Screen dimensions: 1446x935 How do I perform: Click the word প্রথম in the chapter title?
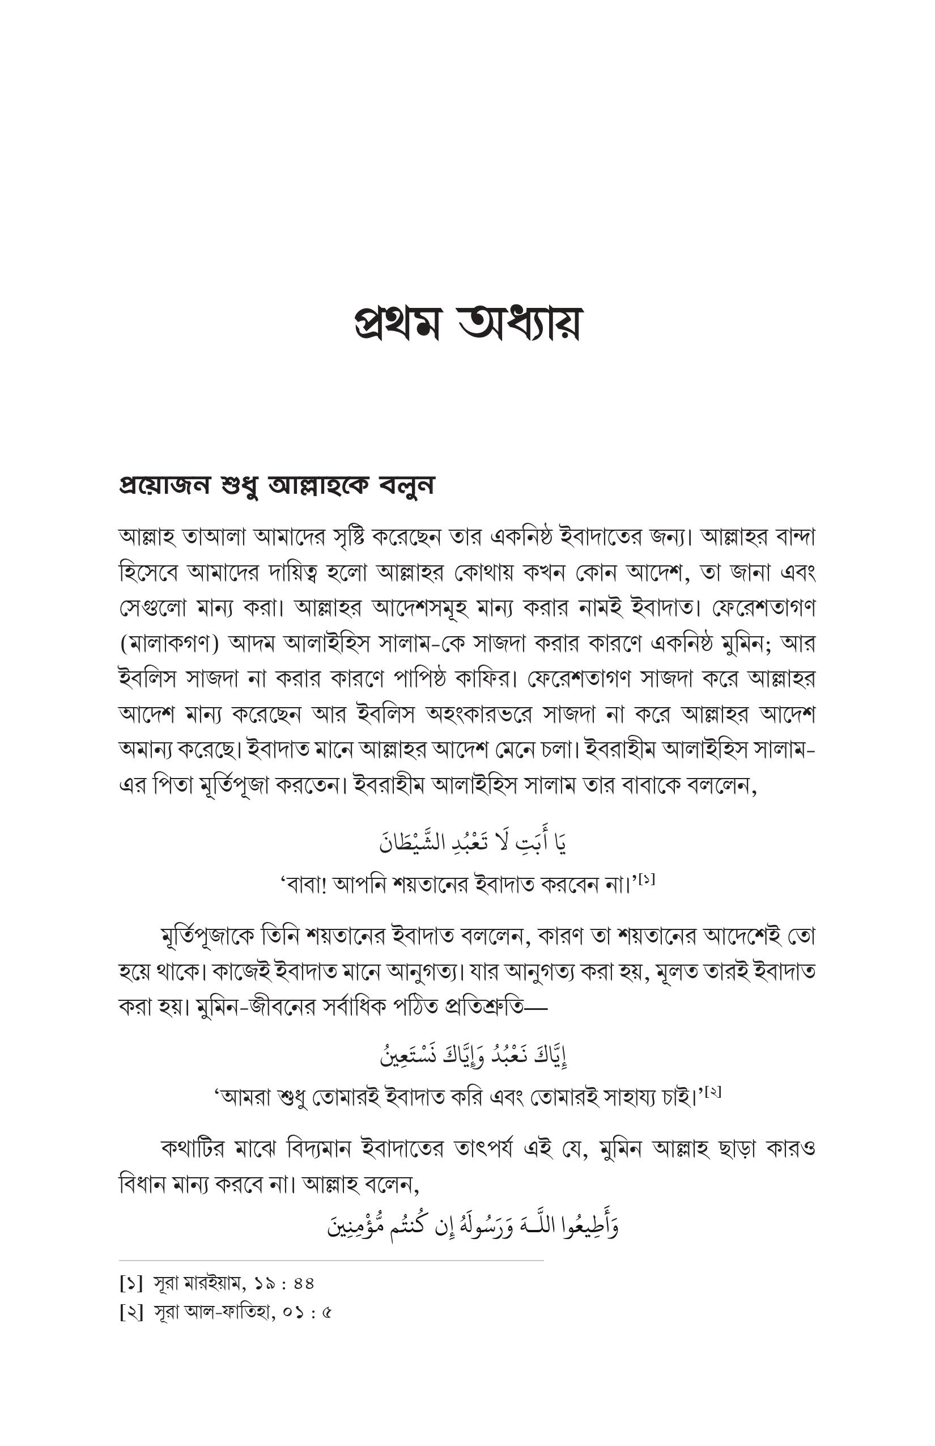point(396,323)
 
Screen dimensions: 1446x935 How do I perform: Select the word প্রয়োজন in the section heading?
point(163,485)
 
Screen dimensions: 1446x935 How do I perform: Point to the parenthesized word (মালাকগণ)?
point(169,644)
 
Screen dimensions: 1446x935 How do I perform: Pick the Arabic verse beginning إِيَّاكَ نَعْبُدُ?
point(473,1057)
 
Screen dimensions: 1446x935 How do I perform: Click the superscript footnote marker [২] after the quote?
point(713,1092)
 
